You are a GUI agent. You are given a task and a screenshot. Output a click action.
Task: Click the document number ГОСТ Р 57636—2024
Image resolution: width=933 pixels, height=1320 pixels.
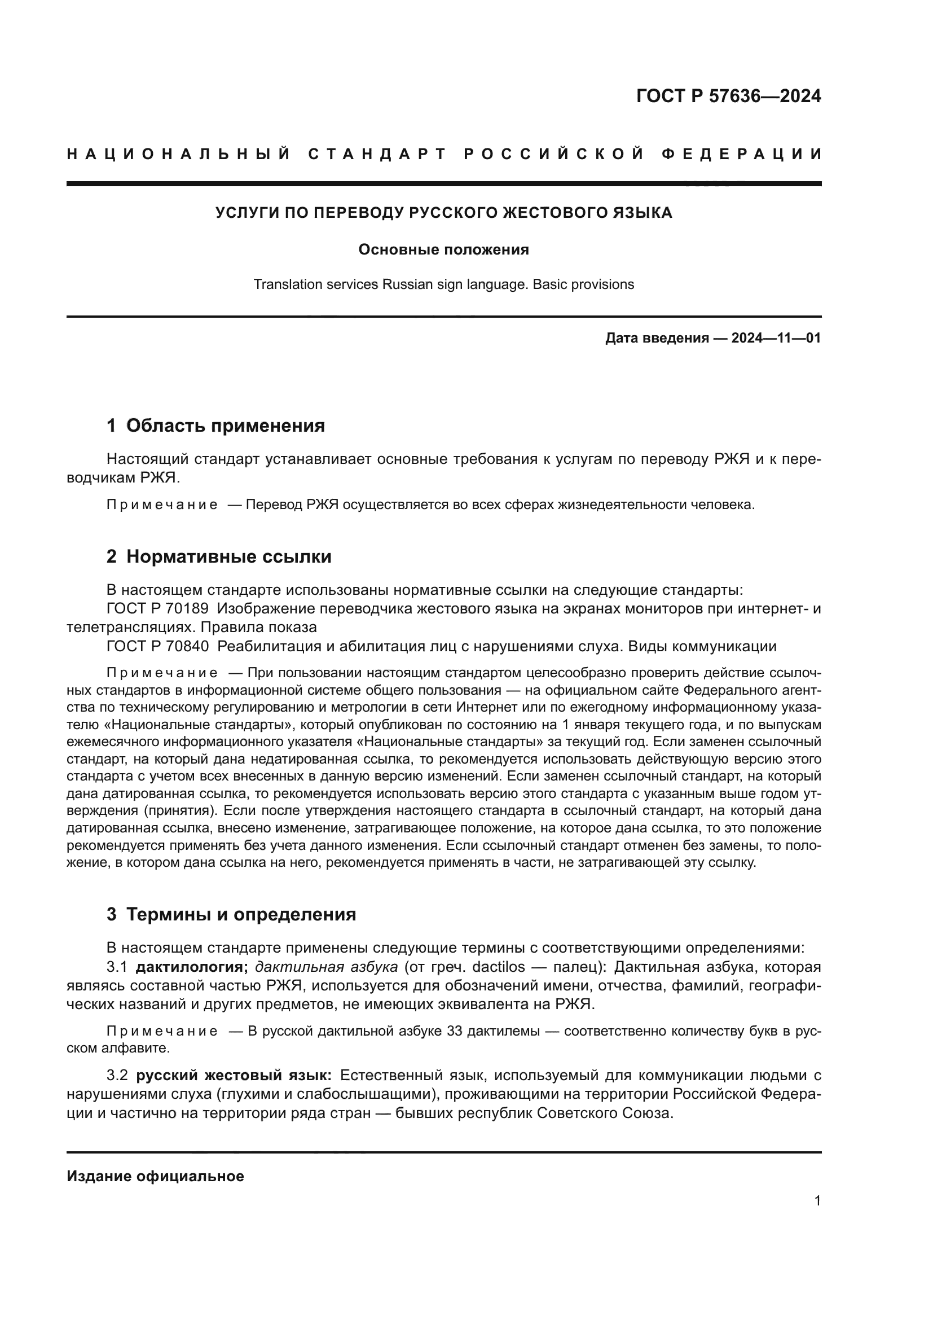(x=728, y=96)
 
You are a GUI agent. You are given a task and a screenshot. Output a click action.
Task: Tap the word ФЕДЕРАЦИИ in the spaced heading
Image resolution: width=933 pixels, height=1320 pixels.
(x=741, y=154)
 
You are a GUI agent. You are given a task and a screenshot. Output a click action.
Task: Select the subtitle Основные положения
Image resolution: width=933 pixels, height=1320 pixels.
(x=443, y=249)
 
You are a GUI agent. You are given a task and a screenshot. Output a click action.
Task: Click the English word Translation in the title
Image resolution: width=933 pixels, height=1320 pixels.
(x=287, y=284)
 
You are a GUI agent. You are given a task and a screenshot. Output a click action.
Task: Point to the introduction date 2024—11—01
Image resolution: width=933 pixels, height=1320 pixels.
(x=776, y=338)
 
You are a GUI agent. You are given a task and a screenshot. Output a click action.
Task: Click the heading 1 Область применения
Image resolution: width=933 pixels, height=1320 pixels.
(x=215, y=426)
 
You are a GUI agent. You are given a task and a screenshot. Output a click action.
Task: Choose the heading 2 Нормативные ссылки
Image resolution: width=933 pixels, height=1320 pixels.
(x=219, y=556)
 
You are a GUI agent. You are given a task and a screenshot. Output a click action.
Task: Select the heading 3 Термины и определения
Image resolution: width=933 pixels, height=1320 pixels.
(x=231, y=914)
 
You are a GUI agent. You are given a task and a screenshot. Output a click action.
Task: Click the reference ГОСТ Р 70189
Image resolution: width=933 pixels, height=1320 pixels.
(x=157, y=608)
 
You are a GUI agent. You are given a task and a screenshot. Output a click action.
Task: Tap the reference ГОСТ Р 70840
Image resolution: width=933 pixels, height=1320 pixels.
(x=157, y=646)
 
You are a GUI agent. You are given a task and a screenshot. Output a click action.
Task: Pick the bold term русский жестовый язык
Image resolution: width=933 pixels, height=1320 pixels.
(x=234, y=1075)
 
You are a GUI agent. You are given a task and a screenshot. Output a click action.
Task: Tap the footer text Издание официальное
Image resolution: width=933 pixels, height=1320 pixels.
(x=155, y=1176)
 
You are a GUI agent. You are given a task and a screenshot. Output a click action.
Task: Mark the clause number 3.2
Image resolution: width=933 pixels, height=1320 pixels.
(x=117, y=1075)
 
